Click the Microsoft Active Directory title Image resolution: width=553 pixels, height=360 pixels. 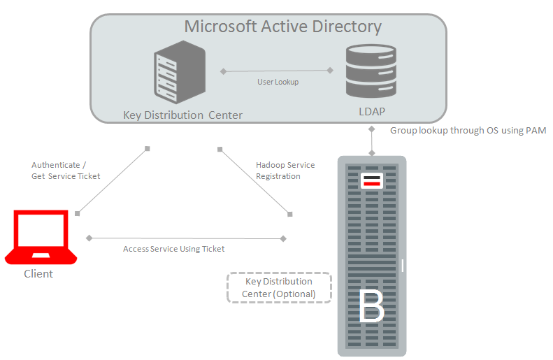click(282, 27)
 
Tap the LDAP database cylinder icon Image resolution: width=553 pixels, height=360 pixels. click(371, 71)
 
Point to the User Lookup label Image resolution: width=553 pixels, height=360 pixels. click(278, 82)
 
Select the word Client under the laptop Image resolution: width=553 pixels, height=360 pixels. click(38, 273)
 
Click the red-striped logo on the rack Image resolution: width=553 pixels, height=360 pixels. click(371, 182)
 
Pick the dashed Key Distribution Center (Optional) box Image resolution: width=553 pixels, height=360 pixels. click(278, 287)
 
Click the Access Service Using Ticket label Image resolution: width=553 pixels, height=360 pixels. click(173, 249)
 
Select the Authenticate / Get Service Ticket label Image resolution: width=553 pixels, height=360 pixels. click(66, 171)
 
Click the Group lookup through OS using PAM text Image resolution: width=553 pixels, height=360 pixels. click(468, 131)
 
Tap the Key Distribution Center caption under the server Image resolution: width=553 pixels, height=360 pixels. click(182, 115)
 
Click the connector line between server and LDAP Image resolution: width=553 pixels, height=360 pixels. click(277, 71)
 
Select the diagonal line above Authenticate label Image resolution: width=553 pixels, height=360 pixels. click(112, 180)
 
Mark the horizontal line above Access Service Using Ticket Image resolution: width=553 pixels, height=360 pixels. click(186, 238)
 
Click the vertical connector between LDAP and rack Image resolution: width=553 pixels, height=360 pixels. click(372, 141)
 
